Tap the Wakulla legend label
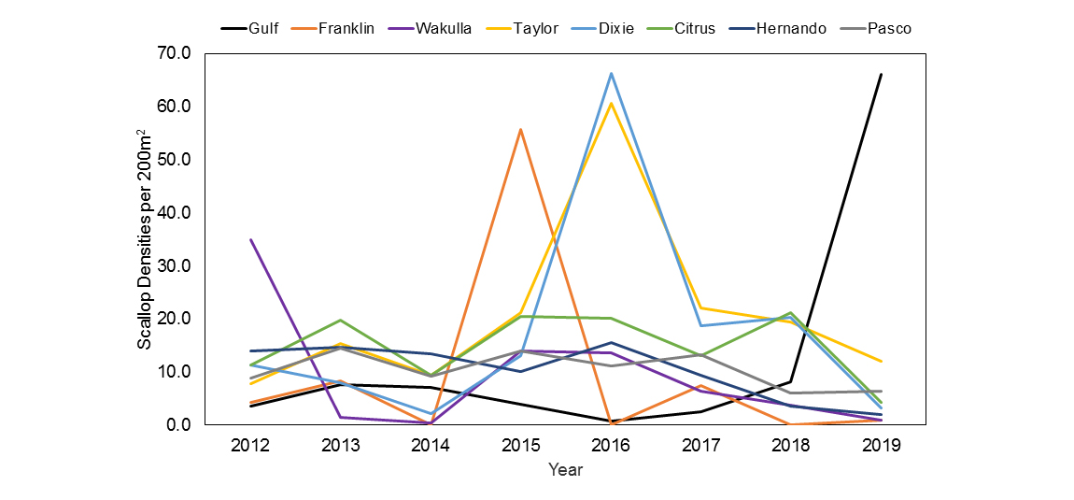[x=435, y=28]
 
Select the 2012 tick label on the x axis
[x=250, y=445]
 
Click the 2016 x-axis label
[x=611, y=445]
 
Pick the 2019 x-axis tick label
[x=881, y=445]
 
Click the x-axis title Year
[x=565, y=469]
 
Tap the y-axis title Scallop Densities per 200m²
[x=146, y=239]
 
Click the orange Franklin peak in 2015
[x=520, y=129]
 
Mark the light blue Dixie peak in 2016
[x=611, y=73]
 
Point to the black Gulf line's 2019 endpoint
[x=881, y=74]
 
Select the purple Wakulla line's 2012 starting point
[x=250, y=239]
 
